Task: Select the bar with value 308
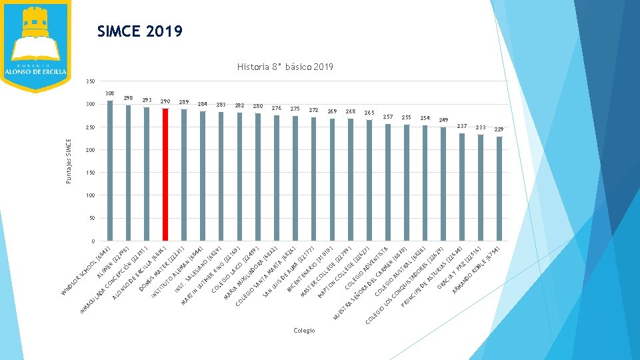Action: coord(110,171)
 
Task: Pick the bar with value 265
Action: coord(369,180)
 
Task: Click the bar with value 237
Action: coord(461,187)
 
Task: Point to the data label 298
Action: coord(129,99)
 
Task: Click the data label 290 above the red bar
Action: coord(165,101)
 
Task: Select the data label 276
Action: coord(277,108)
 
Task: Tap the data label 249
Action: coord(443,120)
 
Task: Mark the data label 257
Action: coord(388,117)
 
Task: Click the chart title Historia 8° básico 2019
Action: coord(285,67)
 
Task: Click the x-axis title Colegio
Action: coord(304,331)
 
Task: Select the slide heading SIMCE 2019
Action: coord(140,31)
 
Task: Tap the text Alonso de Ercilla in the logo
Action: coord(35,72)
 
